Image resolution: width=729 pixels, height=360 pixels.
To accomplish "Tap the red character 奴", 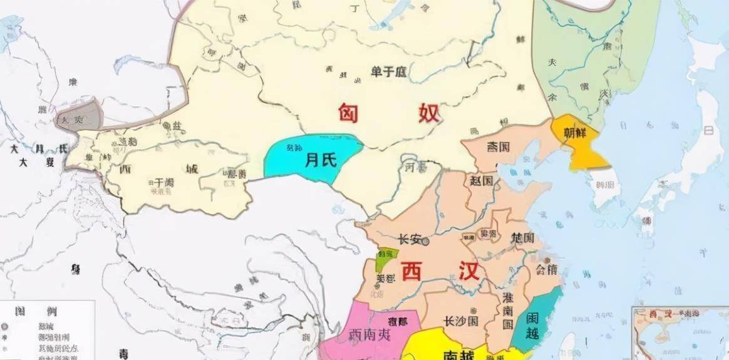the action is click(x=426, y=114).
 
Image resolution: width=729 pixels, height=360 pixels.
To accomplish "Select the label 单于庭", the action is click(x=388, y=72).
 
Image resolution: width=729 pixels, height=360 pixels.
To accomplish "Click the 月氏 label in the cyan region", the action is click(x=321, y=161).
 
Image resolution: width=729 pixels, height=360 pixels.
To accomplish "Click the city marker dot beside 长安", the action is click(x=426, y=240).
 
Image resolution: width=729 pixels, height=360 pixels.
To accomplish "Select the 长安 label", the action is click(x=410, y=240).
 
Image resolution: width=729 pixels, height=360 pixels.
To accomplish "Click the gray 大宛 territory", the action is click(x=78, y=116).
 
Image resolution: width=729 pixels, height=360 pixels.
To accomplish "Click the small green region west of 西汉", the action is click(x=383, y=259).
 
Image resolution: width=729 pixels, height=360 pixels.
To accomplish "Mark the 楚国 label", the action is click(x=522, y=239).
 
